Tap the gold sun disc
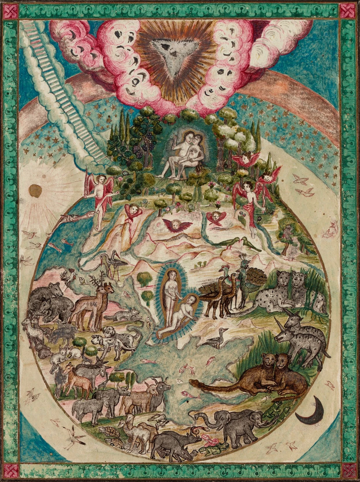[34, 191]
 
